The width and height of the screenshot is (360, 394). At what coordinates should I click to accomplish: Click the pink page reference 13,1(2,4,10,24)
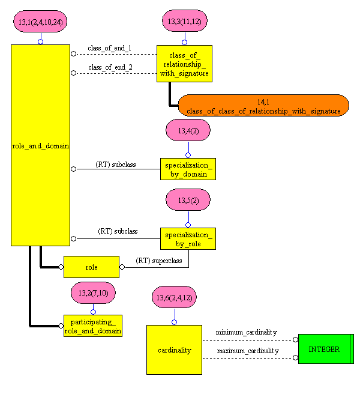point(40,22)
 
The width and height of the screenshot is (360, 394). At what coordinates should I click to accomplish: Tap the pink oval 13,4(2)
point(188,130)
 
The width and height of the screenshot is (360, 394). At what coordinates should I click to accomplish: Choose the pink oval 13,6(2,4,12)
point(175,297)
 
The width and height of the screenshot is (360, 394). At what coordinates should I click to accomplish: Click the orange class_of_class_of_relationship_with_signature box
point(263,105)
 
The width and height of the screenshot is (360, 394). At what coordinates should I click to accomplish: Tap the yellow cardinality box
point(174,350)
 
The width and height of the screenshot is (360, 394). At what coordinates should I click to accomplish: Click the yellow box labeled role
point(91,267)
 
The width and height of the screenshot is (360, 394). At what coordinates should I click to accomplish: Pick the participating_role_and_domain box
point(93,326)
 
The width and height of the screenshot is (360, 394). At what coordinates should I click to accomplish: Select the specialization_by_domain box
point(188,169)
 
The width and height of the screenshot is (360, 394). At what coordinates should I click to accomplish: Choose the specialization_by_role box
point(188,238)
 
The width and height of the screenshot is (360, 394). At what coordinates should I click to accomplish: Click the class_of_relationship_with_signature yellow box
point(184,64)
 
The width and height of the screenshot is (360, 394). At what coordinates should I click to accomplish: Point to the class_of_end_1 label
point(110,48)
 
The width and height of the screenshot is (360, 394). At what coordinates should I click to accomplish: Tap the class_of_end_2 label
point(110,67)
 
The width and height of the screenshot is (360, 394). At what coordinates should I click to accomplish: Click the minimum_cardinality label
point(247,332)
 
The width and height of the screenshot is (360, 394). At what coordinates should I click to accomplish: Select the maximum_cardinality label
point(247,351)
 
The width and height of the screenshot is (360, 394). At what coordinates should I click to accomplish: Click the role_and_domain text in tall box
point(40,145)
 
